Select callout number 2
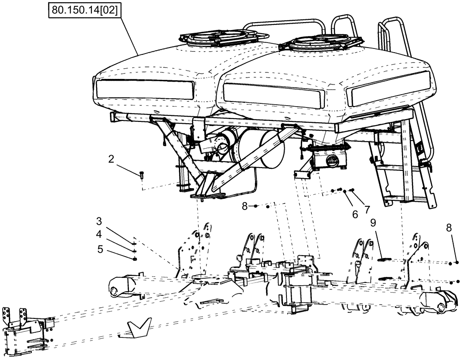[x=111, y=160]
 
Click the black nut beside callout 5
[x=134, y=259]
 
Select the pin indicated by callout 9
[x=385, y=260]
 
